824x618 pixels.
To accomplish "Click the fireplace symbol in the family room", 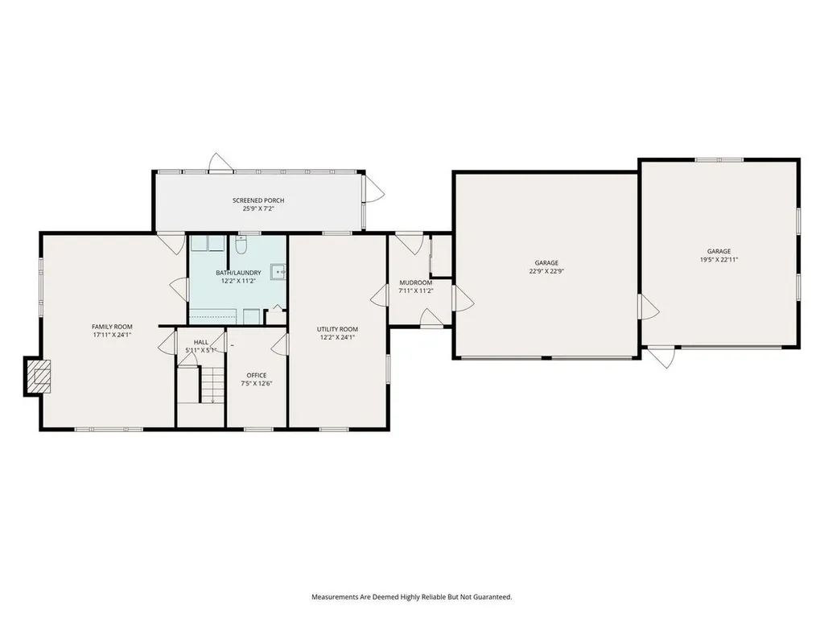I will tap(38, 376).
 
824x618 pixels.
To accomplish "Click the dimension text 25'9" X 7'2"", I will tap(258, 208).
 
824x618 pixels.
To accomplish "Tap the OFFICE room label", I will tap(257, 375).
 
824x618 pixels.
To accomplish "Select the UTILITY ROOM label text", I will tap(337, 329).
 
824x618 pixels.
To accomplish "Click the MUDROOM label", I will tap(416, 282).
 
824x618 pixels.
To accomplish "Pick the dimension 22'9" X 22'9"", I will tap(546, 271).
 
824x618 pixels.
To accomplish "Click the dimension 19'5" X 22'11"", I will tap(719, 259).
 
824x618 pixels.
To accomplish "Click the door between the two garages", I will tap(649, 307).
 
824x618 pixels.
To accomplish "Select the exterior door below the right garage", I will tap(662, 356).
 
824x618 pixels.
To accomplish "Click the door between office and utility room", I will tap(280, 345).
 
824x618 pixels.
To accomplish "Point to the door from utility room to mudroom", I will tap(378, 296).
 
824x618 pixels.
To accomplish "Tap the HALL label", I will tap(201, 342).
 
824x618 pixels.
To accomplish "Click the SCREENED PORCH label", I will tap(258, 200).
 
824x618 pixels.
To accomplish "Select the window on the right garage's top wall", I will tap(719, 159).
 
